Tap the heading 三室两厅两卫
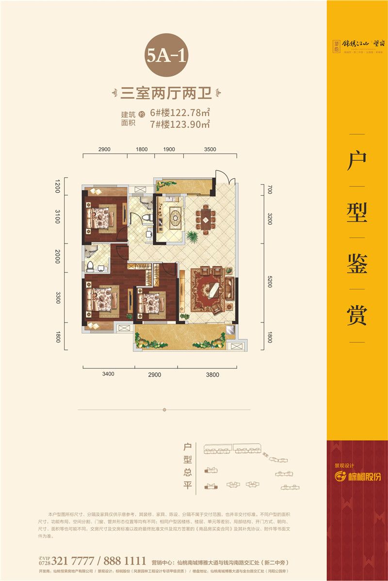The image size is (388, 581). coord(166,92)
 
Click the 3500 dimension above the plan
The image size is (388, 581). coord(210,150)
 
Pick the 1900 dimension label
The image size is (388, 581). coord(169,150)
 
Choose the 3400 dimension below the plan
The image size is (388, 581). coord(108,374)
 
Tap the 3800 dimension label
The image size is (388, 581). coord(212,374)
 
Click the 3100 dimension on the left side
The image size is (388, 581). coord(57,217)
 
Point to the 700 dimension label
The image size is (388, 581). coord(270,189)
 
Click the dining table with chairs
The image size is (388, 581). coord(206,217)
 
